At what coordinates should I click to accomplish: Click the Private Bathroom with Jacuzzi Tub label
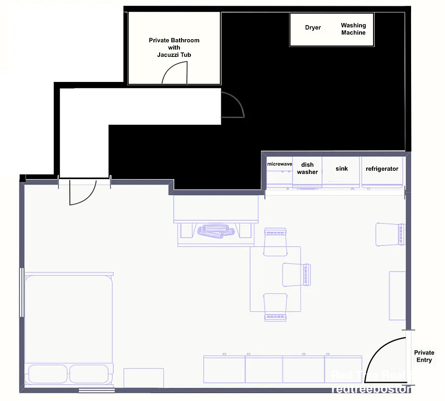(x=174, y=48)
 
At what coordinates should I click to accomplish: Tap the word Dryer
(x=313, y=28)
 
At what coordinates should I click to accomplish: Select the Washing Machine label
(x=353, y=29)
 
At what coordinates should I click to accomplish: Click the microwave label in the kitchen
(x=280, y=164)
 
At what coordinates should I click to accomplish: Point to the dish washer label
(x=307, y=169)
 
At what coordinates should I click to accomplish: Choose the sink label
(x=341, y=169)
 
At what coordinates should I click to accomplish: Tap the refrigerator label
(x=382, y=169)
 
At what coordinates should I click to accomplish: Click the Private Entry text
(x=424, y=357)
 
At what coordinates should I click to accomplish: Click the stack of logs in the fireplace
(x=215, y=231)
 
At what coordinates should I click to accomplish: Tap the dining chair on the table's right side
(x=296, y=275)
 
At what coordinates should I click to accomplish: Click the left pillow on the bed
(x=47, y=374)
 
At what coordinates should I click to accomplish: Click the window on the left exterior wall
(x=21, y=292)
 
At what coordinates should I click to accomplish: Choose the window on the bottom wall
(x=97, y=390)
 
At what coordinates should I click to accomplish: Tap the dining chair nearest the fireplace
(x=275, y=242)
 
